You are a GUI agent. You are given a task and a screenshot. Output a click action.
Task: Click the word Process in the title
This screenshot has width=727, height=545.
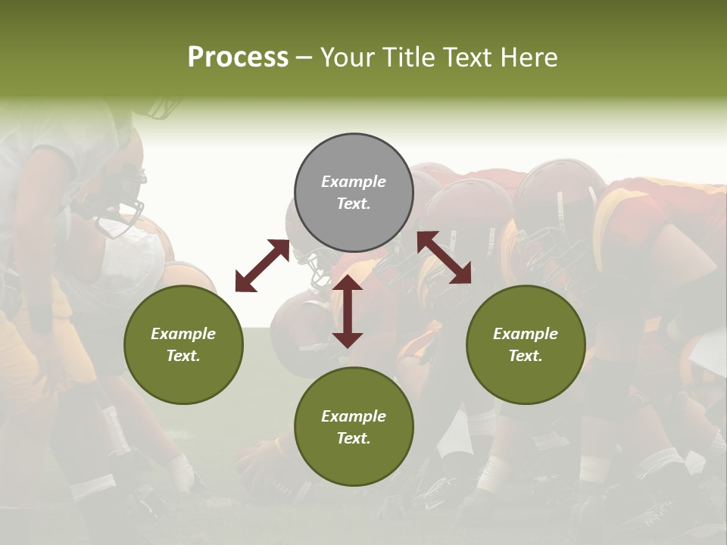(x=238, y=58)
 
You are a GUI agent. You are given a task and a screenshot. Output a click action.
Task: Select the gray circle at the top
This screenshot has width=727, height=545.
(x=354, y=192)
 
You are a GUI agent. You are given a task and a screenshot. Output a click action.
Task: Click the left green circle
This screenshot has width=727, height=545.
(x=183, y=344)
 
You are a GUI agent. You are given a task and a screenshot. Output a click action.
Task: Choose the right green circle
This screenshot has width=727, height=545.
(x=526, y=344)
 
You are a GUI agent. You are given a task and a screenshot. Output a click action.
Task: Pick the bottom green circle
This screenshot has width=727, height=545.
(x=354, y=426)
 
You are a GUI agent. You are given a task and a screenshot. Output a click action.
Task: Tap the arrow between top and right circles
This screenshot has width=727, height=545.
(x=445, y=257)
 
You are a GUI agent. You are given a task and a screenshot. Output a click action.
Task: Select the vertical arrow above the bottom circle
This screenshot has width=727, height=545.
(x=348, y=312)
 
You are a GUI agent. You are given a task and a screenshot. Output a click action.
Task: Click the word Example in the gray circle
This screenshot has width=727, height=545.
(x=354, y=182)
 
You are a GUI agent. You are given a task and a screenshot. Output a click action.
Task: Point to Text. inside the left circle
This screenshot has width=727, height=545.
(x=183, y=356)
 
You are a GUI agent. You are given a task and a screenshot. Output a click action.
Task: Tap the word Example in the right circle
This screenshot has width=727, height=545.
(x=526, y=334)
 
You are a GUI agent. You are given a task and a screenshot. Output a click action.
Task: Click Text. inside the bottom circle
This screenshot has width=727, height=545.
(x=354, y=438)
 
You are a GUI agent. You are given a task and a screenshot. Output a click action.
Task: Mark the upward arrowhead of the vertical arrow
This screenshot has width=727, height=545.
(x=348, y=284)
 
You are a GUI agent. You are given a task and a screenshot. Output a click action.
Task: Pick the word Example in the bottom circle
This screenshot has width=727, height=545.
(x=354, y=416)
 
